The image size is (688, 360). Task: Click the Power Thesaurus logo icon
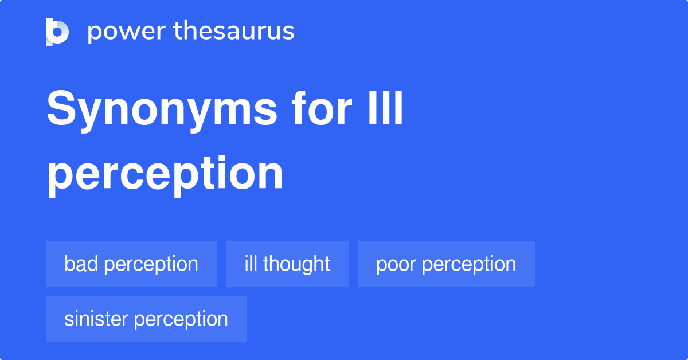pos(57,32)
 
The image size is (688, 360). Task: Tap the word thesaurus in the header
pos(233,32)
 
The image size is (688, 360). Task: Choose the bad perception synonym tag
pos(131,264)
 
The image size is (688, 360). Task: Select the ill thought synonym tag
pos(287,264)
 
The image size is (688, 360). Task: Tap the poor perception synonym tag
pos(446,264)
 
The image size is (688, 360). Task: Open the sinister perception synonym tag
pos(146,319)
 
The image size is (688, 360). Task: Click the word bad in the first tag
pos(81,264)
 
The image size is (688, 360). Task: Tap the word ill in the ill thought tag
pos(251,264)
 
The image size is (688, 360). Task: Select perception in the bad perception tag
pos(151,264)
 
